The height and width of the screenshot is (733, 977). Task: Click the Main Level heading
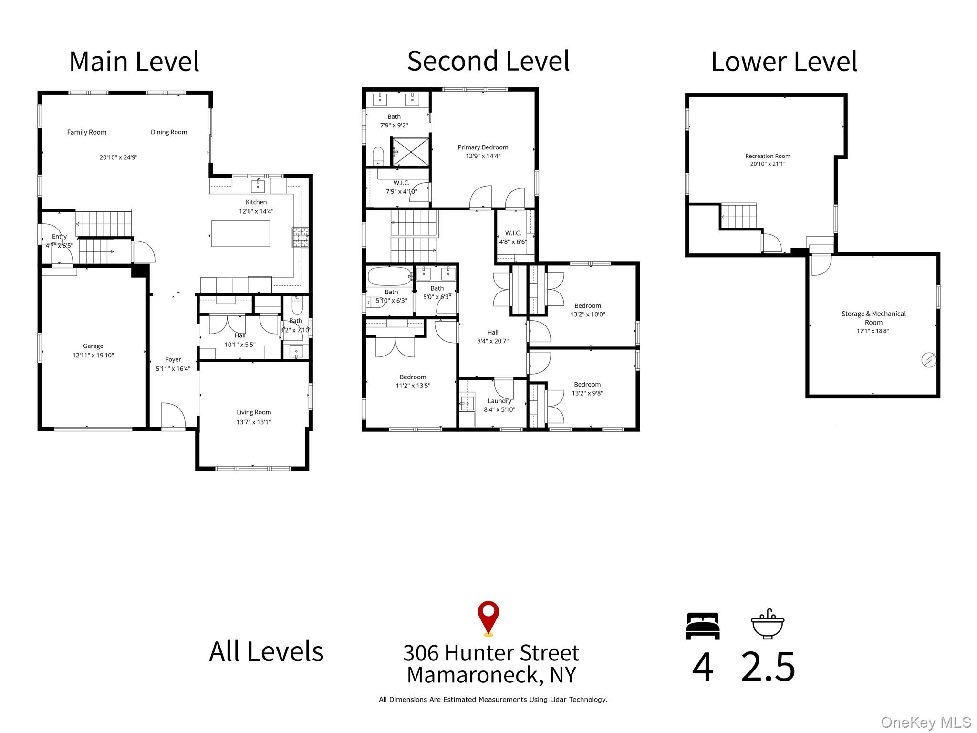[134, 62]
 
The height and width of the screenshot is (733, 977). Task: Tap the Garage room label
[93, 346]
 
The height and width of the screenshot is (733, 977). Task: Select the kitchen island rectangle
[240, 233]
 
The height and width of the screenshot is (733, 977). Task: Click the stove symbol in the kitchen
[300, 237]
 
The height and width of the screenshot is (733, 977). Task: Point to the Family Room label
[87, 132]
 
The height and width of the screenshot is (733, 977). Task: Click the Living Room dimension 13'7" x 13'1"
[254, 422]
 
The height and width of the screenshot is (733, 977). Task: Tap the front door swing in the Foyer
[173, 415]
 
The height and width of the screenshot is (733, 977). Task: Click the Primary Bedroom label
[483, 147]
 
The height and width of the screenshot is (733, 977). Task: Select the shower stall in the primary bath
[411, 152]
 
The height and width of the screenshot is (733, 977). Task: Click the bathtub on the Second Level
[389, 276]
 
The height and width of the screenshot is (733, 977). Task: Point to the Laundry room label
[499, 401]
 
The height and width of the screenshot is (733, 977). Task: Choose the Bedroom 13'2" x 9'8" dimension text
[587, 393]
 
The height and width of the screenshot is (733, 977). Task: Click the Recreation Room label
[768, 156]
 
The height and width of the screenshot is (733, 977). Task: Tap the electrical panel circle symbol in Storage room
[928, 360]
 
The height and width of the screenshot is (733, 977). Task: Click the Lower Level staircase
[738, 216]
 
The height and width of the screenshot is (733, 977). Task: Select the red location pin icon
[488, 617]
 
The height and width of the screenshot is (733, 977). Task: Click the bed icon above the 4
[702, 626]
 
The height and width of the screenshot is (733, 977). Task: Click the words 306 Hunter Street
[491, 653]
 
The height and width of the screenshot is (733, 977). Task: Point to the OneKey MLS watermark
[925, 723]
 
